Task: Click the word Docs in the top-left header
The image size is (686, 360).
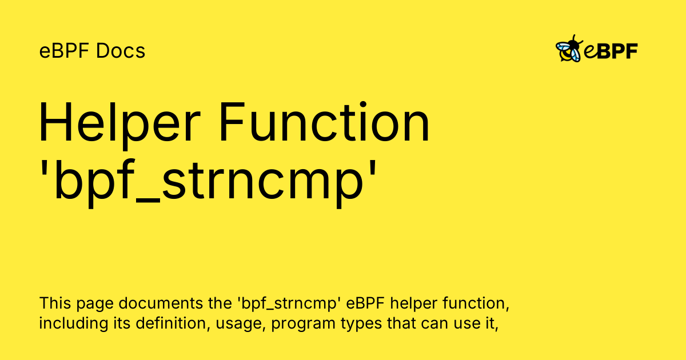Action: coord(121,51)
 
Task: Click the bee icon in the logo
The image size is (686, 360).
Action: coord(569,49)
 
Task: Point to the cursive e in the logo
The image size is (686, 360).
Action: coord(590,51)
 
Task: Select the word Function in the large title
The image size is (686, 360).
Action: coord(325,122)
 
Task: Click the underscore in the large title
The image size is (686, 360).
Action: coord(147,201)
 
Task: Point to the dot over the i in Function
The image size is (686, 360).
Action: coord(363,104)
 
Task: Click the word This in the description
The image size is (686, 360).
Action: coord(55,303)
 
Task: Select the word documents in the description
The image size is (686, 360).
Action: coord(161,303)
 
